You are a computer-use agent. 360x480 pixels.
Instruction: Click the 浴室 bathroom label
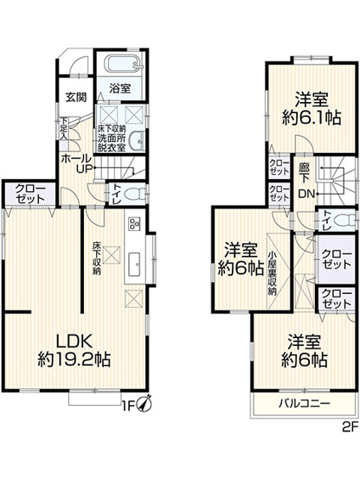(x=120, y=87)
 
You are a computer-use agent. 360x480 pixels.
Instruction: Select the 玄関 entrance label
(x=76, y=98)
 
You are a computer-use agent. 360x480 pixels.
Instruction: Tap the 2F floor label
(x=349, y=426)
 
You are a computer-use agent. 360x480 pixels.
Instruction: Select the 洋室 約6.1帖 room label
(x=307, y=109)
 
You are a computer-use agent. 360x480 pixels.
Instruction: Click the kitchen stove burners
(x=135, y=223)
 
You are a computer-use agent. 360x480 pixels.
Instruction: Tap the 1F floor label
(x=127, y=405)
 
